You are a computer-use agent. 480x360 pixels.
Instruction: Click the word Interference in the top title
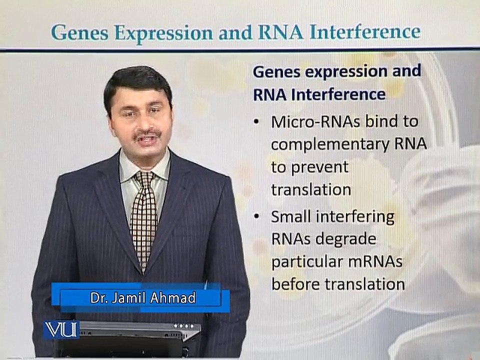point(365,32)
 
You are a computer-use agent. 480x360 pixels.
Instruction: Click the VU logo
point(61,330)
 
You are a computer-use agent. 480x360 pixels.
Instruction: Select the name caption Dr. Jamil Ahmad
point(143,298)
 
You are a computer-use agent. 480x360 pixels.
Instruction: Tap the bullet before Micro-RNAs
point(256,122)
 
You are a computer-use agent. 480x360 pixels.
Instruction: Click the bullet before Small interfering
point(256,216)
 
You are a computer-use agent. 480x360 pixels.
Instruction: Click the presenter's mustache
point(147,134)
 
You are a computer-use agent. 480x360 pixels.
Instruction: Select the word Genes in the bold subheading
point(275,72)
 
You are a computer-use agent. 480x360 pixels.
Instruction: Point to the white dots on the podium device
point(183,326)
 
